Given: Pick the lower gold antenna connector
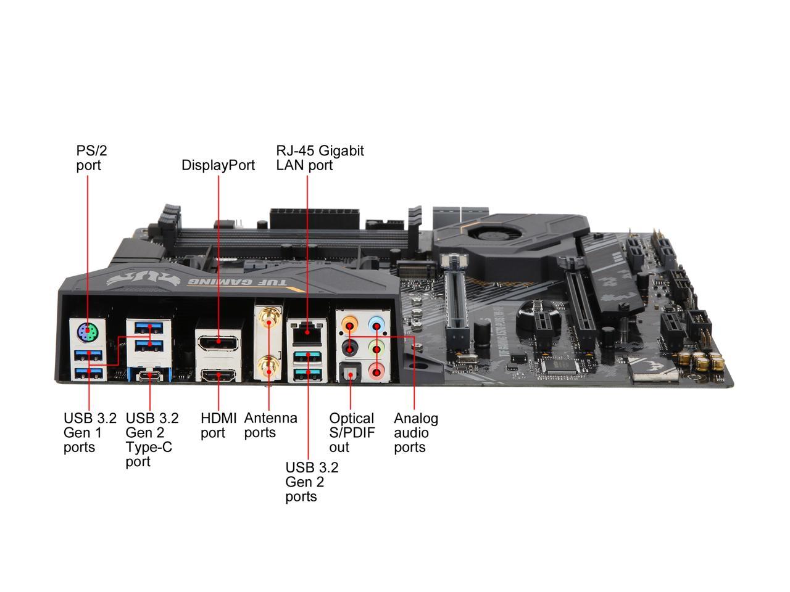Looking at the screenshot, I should pyautogui.click(x=268, y=369).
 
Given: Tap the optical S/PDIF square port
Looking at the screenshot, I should pyautogui.click(x=350, y=371).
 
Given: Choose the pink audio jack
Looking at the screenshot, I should pyautogui.click(x=376, y=371).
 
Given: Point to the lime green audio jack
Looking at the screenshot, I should pyautogui.click(x=376, y=348).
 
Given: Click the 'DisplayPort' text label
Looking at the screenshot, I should pyautogui.click(x=218, y=165).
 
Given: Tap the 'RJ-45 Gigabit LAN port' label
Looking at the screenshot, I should pyautogui.click(x=320, y=158).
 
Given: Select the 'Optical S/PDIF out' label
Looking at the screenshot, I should pyautogui.click(x=352, y=432).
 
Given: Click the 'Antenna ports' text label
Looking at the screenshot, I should pyautogui.click(x=270, y=425).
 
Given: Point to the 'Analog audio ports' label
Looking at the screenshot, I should pyautogui.click(x=416, y=432).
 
